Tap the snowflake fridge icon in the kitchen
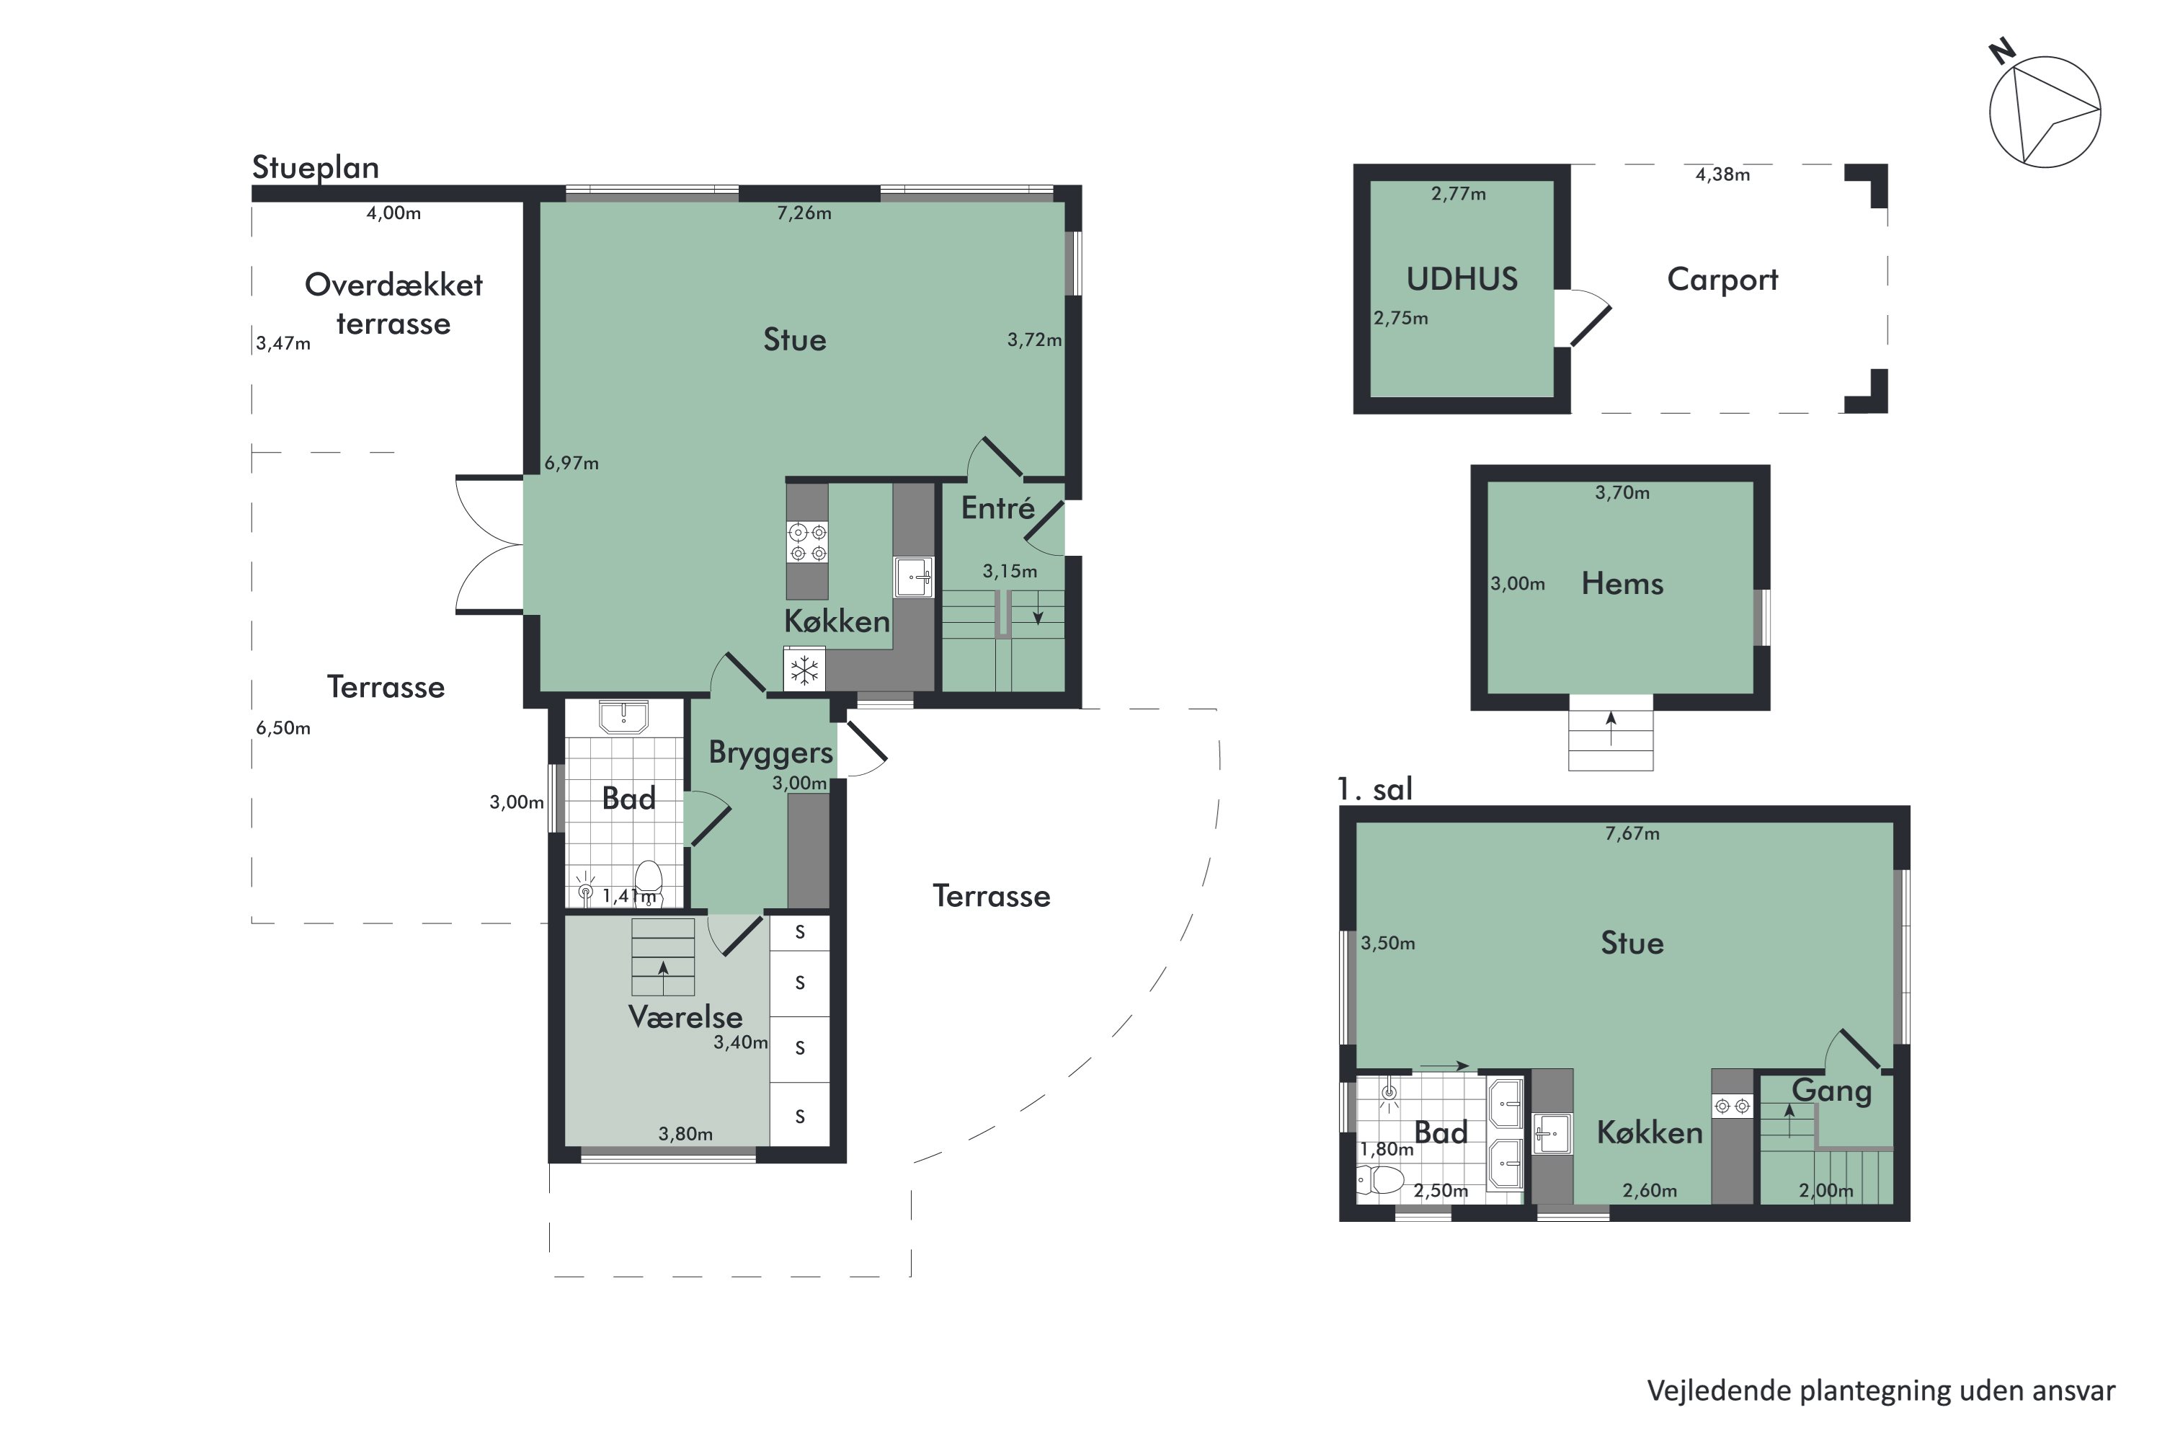coord(804,669)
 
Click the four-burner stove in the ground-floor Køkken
coord(806,542)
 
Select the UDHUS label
coord(1461,278)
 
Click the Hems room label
coord(1621,584)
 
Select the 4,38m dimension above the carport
coord(1722,174)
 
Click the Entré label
coord(998,507)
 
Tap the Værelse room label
coord(685,1016)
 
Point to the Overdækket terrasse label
coord(393,304)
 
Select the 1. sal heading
coord(1374,789)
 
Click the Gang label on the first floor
coord(1831,1091)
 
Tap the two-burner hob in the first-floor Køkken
coord(1732,1106)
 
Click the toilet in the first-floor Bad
coord(1380,1179)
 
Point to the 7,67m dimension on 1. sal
coord(1632,833)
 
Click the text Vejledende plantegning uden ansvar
coord(1881,1391)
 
